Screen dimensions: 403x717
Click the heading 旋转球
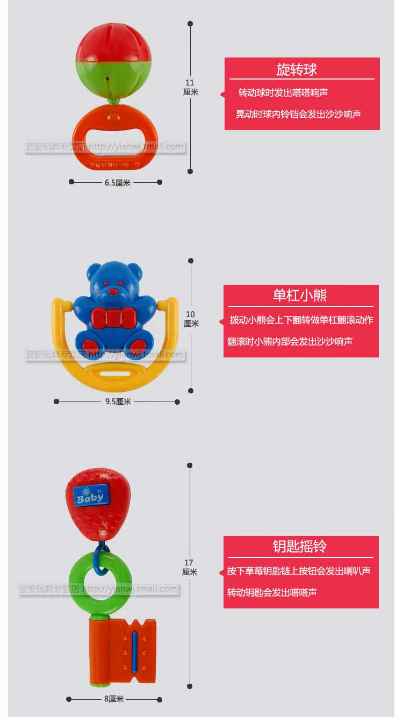point(297,69)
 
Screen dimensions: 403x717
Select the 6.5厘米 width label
point(118,183)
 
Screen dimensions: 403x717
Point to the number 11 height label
point(190,83)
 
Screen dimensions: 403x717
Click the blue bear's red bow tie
point(113,318)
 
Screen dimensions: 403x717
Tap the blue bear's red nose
point(113,292)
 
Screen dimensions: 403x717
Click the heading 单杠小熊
point(300,296)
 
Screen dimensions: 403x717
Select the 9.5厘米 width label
point(118,401)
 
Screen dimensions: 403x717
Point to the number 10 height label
point(190,314)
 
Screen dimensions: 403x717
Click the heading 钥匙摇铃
point(300,547)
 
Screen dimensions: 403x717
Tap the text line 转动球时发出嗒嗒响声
point(283,93)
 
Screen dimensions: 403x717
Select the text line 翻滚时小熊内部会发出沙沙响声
point(290,341)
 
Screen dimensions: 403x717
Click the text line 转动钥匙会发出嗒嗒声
point(272,592)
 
